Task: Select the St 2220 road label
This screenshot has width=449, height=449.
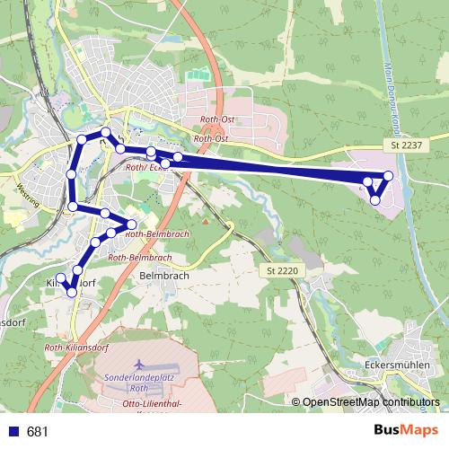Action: pos(281,269)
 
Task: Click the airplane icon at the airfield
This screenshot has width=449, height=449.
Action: pos(138,365)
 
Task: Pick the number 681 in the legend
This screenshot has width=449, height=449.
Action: pos(38,432)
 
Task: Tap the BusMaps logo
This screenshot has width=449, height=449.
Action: pos(406,431)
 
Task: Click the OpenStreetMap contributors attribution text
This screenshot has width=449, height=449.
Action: pos(371,403)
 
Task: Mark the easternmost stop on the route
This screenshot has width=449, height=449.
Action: pos(389,176)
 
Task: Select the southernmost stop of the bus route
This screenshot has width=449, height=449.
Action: pos(72,293)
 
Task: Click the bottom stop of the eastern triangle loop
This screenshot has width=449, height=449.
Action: pos(375,199)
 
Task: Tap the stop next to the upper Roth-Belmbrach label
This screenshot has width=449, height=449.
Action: pos(132,224)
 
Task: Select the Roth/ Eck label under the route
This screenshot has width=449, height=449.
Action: pos(147,167)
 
